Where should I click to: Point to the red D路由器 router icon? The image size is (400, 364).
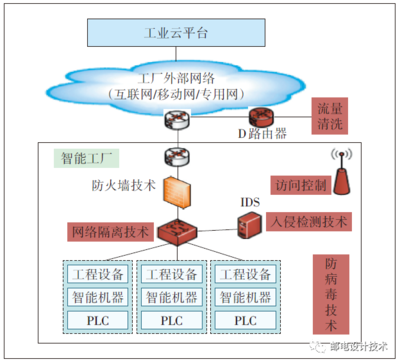(x=262, y=117)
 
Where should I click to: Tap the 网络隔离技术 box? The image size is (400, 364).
(x=107, y=231)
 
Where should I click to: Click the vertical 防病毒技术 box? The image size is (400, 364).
(x=330, y=291)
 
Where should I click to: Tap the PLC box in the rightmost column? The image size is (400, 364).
(x=246, y=321)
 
